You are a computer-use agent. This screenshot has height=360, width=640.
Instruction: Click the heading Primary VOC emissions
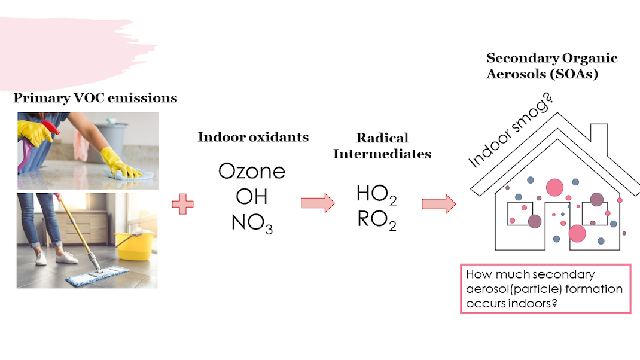pos(95,98)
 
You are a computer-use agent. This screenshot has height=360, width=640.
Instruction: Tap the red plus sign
pos(182,204)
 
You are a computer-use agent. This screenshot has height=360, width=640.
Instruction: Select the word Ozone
pos(251,172)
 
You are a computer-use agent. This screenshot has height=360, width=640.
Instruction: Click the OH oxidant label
pos(251,196)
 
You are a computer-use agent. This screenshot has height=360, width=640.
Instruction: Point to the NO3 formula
pos(251,222)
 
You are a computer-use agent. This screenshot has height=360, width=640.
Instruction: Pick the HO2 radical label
pos(376,194)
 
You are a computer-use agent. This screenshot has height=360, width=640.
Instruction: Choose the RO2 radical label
pos(376,221)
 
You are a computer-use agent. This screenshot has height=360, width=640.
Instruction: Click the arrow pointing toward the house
pos(438,204)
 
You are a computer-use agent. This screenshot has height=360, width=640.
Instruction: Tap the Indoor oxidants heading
pos(253,137)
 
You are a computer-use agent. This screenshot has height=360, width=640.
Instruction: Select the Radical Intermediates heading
pos(382,146)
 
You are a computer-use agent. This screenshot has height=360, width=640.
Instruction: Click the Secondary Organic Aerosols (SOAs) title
pos(551,66)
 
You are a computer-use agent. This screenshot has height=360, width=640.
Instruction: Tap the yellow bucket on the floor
pos(133,246)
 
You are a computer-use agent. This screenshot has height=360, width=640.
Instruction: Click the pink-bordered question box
pos(545,288)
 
